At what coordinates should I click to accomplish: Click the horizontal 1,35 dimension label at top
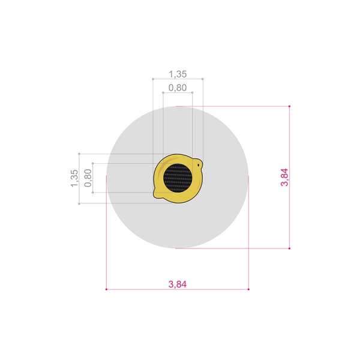[x=178, y=74]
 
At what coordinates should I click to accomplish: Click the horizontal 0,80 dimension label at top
[x=178, y=88]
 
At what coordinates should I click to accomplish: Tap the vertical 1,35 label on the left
[x=74, y=178]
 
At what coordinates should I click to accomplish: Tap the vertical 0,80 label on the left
[x=88, y=178]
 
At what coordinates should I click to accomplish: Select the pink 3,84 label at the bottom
[x=178, y=284]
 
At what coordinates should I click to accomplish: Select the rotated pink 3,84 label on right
[x=284, y=177]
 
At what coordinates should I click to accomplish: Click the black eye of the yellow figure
[x=199, y=165]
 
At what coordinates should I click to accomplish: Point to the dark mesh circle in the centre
[x=178, y=178]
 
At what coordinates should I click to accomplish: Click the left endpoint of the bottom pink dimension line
[x=106, y=289]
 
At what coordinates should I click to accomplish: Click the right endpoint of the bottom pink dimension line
[x=248, y=289]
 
